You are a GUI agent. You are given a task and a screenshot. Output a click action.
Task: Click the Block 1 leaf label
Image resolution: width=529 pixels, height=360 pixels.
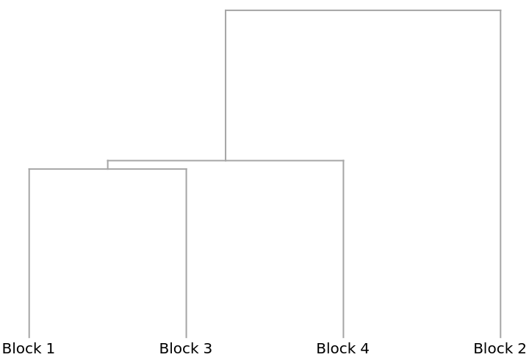[29, 348]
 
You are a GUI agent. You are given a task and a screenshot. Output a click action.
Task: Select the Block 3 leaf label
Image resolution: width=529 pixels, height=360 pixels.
[186, 348]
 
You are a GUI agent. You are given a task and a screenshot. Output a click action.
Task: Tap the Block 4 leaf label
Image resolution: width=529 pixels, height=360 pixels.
[343, 348]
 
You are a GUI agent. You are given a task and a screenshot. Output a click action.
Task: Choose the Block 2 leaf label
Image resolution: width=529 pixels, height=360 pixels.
[500, 348]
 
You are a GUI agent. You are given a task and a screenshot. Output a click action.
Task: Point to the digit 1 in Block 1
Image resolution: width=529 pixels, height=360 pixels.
[51, 348]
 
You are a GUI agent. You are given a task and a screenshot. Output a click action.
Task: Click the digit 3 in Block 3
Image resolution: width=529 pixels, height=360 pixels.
[208, 348]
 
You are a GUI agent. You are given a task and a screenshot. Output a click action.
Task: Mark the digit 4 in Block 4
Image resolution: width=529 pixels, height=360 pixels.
[365, 348]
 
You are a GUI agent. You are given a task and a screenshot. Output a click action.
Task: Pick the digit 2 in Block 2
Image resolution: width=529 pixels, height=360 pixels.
[522, 348]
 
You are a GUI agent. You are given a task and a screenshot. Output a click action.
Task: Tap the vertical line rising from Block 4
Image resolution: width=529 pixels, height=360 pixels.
[343, 250]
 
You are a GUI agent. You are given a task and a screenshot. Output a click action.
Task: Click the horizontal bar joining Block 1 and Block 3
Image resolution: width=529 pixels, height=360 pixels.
[73, 170]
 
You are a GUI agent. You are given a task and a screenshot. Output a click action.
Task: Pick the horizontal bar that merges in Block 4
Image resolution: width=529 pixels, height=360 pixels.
[279, 160]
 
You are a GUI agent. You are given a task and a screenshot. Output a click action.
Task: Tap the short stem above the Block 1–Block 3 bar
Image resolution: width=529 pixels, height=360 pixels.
[107, 165]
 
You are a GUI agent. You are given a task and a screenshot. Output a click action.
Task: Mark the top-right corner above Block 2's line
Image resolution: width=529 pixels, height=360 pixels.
[500, 11]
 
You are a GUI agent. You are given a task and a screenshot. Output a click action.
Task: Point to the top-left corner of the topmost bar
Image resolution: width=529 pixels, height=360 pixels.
[226, 11]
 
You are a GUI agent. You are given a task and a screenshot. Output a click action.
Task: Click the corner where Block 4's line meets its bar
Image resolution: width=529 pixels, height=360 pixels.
[343, 160]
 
